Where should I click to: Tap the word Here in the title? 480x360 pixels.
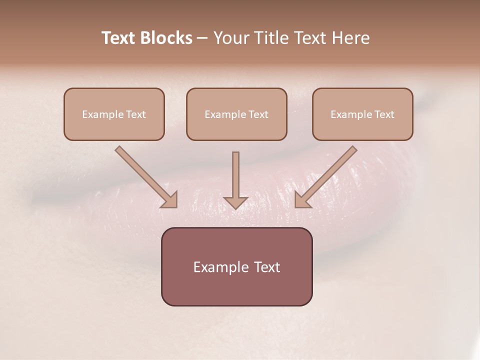tap(350, 38)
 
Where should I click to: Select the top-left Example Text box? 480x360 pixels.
tap(114, 114)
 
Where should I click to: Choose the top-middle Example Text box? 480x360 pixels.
tap(236, 114)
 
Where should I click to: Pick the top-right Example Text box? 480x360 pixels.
tap(362, 114)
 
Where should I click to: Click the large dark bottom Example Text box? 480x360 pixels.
tap(236, 266)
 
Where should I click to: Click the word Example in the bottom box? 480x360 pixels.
tap(218, 267)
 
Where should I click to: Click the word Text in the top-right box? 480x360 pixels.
tap(384, 114)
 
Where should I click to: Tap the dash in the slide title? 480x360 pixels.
tap(202, 38)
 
